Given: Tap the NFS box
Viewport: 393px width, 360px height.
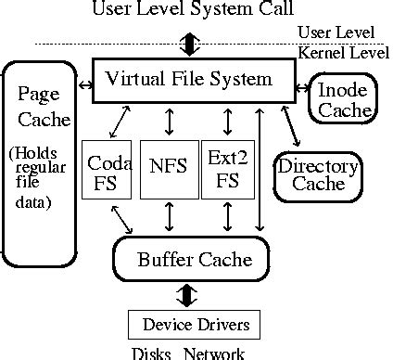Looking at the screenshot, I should pyautogui.click(x=168, y=169).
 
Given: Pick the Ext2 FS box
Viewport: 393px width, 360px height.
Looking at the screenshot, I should pyautogui.click(x=227, y=169).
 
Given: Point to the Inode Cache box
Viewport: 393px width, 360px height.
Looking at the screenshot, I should pyautogui.click(x=342, y=100).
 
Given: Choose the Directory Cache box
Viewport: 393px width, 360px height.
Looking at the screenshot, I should pyautogui.click(x=318, y=174).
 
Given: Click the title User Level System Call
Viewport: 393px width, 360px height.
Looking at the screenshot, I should pyautogui.click(x=192, y=12).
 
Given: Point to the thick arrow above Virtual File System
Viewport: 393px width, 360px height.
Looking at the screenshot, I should pyautogui.click(x=190, y=44).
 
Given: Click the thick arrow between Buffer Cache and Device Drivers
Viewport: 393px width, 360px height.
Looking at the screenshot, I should pyautogui.click(x=188, y=294).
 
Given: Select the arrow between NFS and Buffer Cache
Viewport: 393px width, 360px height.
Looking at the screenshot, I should pyautogui.click(x=169, y=217).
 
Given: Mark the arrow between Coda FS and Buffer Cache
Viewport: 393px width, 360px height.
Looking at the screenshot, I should pyautogui.click(x=122, y=218).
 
